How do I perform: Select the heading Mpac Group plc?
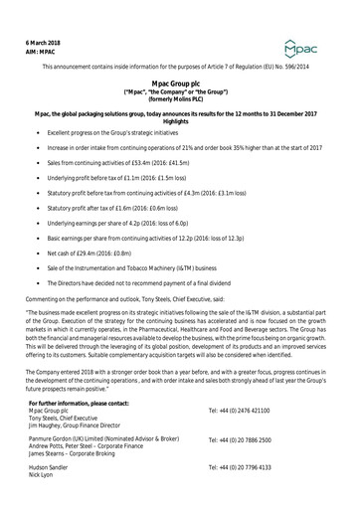click(x=180, y=85)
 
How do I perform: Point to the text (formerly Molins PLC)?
click(x=180, y=103)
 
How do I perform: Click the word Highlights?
click(x=180, y=120)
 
